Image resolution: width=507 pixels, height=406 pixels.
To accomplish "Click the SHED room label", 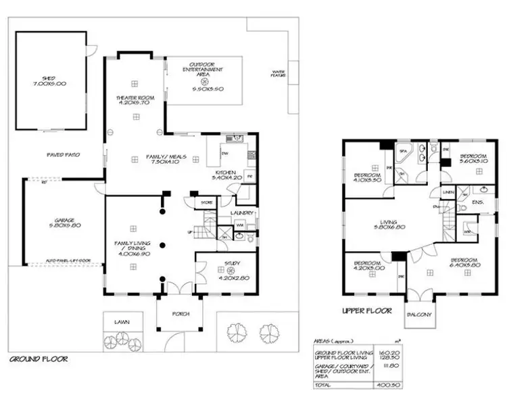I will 52,80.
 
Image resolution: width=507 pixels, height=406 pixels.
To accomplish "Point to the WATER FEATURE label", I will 278,72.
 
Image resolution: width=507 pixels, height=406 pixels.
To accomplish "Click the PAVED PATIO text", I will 64,154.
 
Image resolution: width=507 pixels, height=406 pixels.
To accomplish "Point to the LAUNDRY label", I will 241,214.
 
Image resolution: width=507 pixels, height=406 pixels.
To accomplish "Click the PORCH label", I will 180,314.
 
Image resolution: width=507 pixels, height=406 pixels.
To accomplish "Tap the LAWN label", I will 122,322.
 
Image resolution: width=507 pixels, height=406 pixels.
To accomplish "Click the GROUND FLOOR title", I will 38,359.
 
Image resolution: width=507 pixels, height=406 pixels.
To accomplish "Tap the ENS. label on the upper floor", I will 477,202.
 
